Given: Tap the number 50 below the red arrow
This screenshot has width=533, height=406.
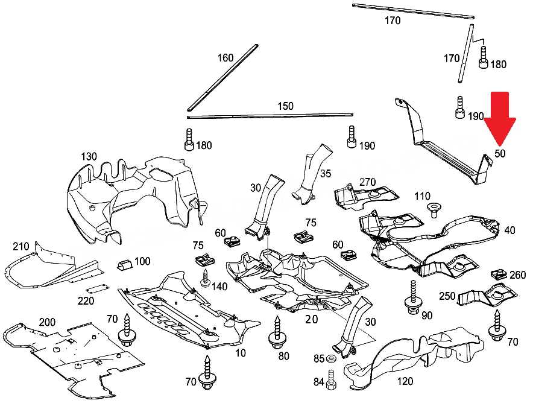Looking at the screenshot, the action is pos(500,154).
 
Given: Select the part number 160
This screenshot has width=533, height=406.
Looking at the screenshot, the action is pos(225,58).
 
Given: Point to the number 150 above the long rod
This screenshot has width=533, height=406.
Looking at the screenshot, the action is pos(285,106).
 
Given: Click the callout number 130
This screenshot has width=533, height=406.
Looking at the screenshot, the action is pos(89,156).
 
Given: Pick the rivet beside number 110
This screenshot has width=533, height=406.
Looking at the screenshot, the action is pos(433,209).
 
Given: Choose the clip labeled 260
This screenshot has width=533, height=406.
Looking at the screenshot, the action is pos(499,274).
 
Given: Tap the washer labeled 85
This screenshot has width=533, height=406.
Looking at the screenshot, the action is pos(330,359).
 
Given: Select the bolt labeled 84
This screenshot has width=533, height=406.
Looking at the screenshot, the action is pos(331,380).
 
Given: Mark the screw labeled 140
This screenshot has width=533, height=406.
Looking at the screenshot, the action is pos(206,278).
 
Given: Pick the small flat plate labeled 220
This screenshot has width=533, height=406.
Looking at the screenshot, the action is pos(97,289).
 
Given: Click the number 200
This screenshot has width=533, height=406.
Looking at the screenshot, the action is pos(47,322).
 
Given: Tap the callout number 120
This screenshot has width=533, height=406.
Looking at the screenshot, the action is pos(405,381).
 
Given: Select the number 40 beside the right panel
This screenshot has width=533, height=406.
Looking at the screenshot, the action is pos(509,230).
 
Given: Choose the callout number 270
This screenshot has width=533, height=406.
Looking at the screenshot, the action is pos(367,182).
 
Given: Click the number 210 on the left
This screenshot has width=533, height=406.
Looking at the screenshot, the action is pos(20,246).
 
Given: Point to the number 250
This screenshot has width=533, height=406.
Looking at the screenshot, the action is pos(447,296).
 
